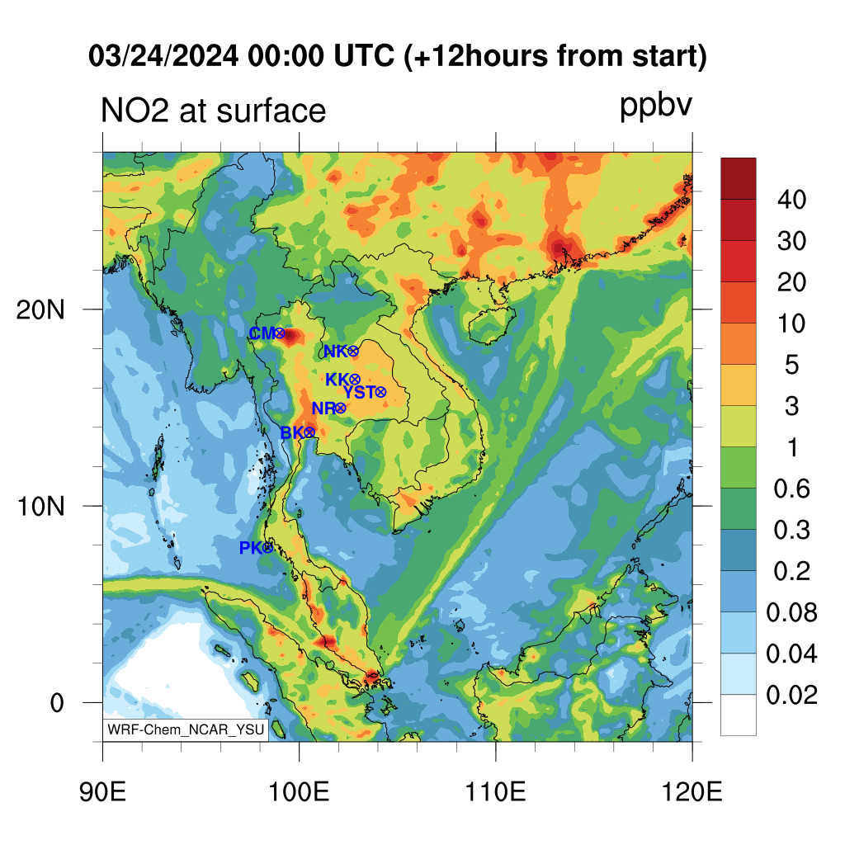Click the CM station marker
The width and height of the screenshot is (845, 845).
click(279, 333)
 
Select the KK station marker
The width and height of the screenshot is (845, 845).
click(354, 380)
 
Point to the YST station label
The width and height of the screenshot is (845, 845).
click(359, 392)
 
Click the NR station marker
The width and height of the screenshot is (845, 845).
click(340, 408)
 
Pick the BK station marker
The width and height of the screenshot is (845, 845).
click(309, 432)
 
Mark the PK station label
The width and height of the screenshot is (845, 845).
click(250, 548)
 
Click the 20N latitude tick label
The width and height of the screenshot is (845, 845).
click(40, 310)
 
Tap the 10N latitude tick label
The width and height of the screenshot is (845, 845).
click(40, 507)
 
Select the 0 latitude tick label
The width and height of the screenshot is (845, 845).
click(57, 703)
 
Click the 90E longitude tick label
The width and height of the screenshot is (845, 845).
click(102, 792)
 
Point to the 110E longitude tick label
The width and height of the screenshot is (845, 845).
click(495, 792)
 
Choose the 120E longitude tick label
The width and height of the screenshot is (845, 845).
click(692, 792)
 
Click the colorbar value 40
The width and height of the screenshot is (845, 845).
click(791, 200)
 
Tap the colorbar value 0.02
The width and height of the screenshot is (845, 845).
click(791, 695)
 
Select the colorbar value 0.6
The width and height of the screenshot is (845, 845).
click(791, 489)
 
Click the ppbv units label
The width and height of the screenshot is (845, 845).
click(655, 106)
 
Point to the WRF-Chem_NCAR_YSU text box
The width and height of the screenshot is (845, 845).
click(186, 729)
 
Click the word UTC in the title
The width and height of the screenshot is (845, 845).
click(364, 55)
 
